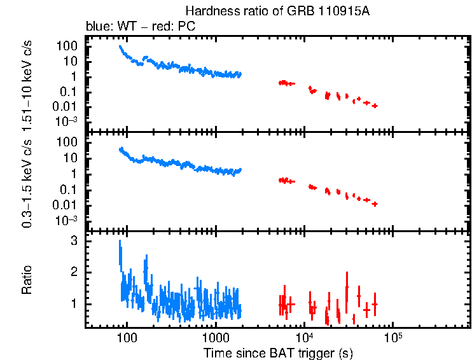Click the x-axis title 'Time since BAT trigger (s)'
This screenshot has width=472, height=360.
(278, 352)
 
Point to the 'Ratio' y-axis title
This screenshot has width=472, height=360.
(27, 280)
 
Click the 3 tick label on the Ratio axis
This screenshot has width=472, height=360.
(74, 242)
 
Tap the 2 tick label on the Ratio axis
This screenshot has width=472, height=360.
(74, 272)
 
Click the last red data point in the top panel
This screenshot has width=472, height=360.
(375, 106)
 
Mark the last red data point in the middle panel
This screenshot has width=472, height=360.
(375, 204)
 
